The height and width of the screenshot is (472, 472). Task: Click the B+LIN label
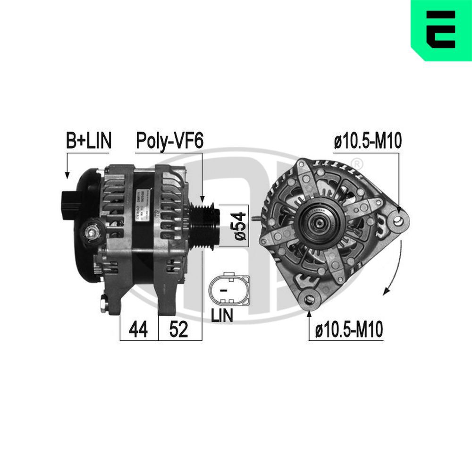pyautogui.click(x=88, y=141)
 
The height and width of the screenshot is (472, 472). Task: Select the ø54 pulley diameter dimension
pyautogui.click(x=240, y=226)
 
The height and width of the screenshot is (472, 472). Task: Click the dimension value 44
pyautogui.click(x=138, y=329)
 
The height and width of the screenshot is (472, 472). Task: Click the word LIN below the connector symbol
pyautogui.click(x=222, y=316)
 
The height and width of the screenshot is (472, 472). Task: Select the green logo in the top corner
pyautogui.click(x=441, y=30)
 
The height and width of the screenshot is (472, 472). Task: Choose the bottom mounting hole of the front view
pyautogui.click(x=310, y=299)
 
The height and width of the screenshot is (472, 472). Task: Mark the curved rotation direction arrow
pyautogui.click(x=396, y=269)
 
